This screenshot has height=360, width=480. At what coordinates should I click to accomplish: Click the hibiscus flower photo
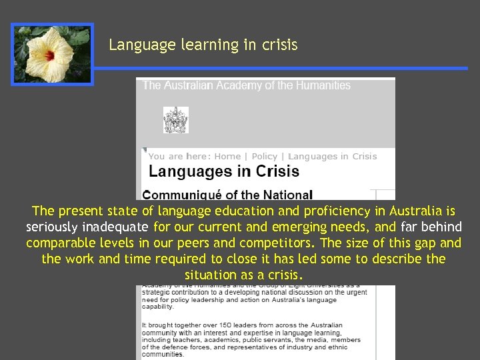[52, 54]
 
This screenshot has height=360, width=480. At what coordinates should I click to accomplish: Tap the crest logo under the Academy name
[175, 120]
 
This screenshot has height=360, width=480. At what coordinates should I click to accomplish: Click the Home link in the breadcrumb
[228, 157]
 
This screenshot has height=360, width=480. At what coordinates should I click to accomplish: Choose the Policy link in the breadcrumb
[264, 157]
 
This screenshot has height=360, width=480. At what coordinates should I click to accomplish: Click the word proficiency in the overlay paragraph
[335, 211]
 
